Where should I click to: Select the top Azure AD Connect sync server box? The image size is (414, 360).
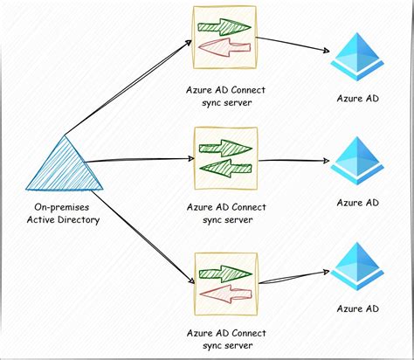(226, 38)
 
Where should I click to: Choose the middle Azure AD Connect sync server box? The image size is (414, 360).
(226, 158)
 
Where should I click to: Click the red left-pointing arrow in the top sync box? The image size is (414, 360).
(225, 47)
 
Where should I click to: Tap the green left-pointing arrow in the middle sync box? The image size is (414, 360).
(225, 168)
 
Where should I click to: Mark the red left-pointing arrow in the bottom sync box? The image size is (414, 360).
(225, 293)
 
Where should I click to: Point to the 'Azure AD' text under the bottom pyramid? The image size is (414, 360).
(358, 308)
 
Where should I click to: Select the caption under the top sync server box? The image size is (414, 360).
(226, 95)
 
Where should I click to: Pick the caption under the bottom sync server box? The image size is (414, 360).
(226, 339)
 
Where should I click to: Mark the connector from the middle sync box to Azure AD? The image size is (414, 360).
(295, 161)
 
